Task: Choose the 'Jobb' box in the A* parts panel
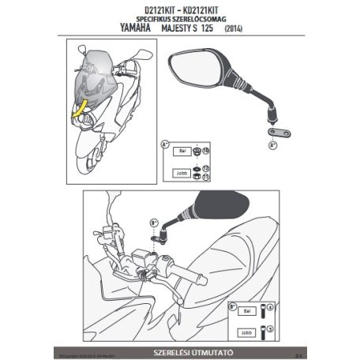(181, 173)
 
